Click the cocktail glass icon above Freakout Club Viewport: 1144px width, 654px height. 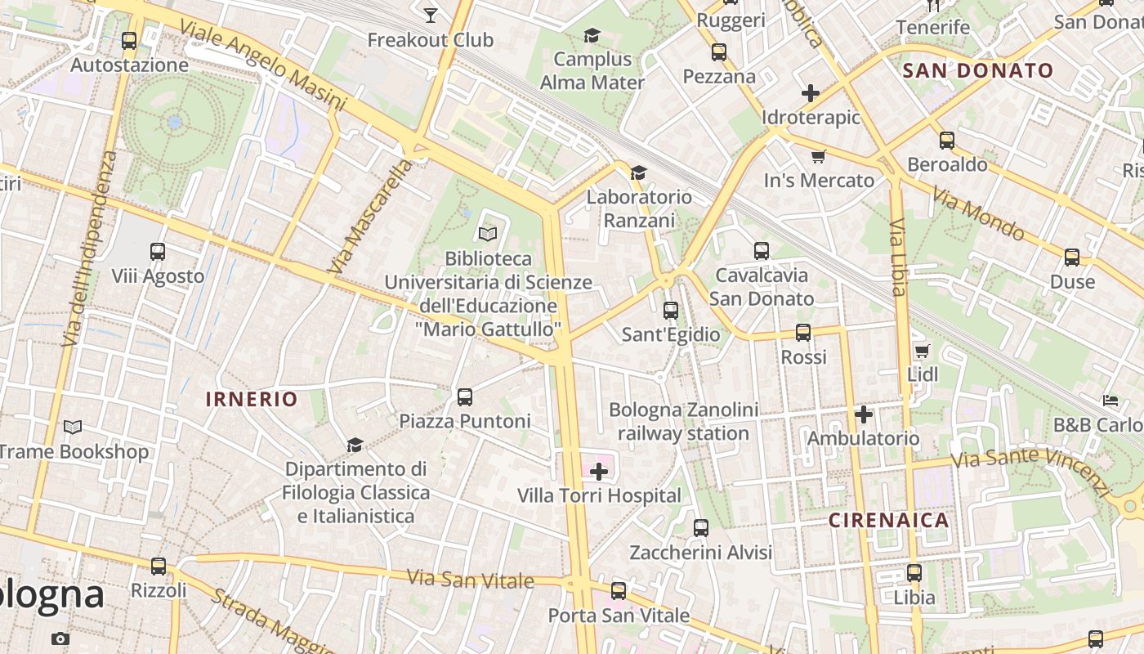click(x=431, y=14)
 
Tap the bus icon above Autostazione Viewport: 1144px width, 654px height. click(x=129, y=40)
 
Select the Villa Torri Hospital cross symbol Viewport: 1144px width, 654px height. click(x=599, y=472)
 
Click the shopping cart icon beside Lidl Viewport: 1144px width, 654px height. click(x=923, y=351)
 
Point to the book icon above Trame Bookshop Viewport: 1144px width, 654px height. click(x=73, y=427)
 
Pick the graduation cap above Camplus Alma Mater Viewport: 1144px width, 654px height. click(x=592, y=35)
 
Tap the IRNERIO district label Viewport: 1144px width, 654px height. click(x=252, y=399)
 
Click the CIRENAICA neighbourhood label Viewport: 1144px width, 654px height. click(x=889, y=521)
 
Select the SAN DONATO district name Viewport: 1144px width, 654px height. click(x=978, y=70)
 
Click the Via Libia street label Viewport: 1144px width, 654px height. click(x=898, y=258)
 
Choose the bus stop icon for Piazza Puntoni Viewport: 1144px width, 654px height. click(x=465, y=397)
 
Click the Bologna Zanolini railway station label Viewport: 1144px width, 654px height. click(x=684, y=421)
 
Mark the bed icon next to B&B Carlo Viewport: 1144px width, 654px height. click(x=1110, y=401)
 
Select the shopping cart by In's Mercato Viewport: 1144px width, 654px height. click(x=819, y=156)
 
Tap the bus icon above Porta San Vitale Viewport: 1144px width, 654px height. click(x=619, y=590)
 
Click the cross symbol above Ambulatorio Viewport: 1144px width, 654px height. click(x=864, y=414)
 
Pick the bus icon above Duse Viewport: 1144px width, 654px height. click(x=1072, y=258)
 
